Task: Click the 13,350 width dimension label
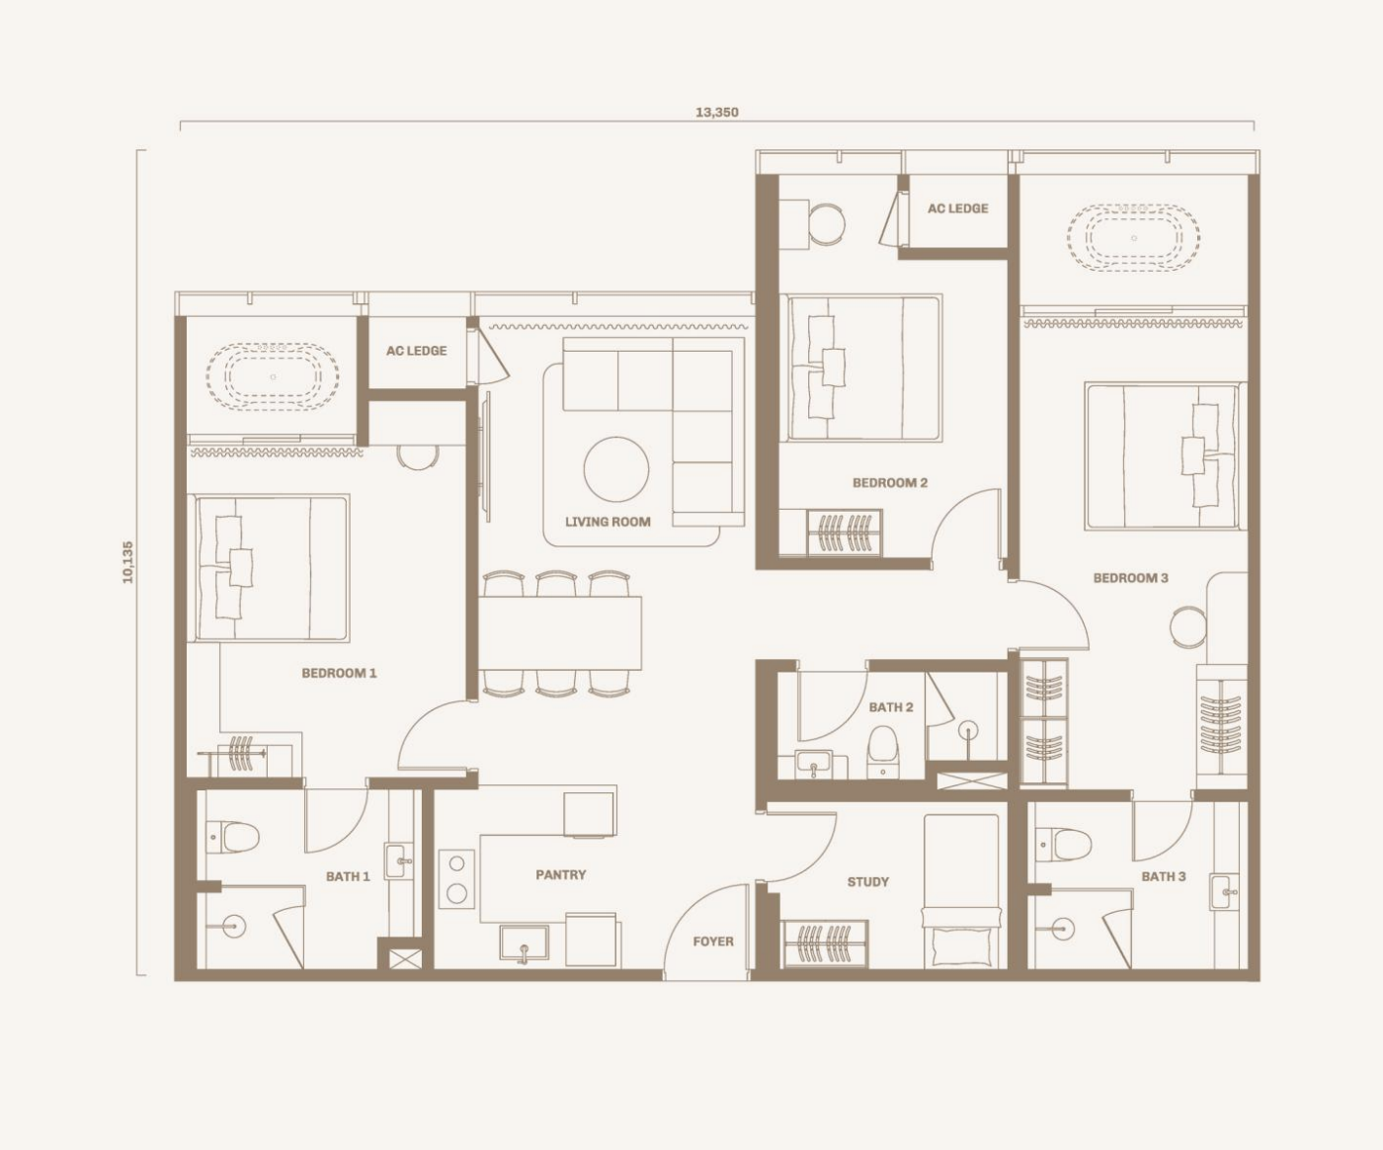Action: [716, 112]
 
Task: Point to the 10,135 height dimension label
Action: [127, 562]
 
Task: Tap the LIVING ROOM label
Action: [608, 522]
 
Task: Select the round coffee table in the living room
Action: [616, 469]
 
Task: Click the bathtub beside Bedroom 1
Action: [273, 377]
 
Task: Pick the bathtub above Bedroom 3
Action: [1133, 238]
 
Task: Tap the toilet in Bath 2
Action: [883, 752]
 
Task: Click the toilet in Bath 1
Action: [232, 838]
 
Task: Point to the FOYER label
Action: [713, 942]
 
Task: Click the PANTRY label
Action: [561, 875]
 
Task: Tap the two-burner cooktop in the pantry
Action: [456, 879]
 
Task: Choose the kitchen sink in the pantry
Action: [524, 944]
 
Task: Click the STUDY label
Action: [867, 882]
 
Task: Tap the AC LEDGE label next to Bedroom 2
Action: [958, 208]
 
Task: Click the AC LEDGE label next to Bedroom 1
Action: [417, 351]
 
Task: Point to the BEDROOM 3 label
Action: [1131, 578]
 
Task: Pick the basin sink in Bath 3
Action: [1223, 892]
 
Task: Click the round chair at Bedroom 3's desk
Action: [1188, 626]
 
